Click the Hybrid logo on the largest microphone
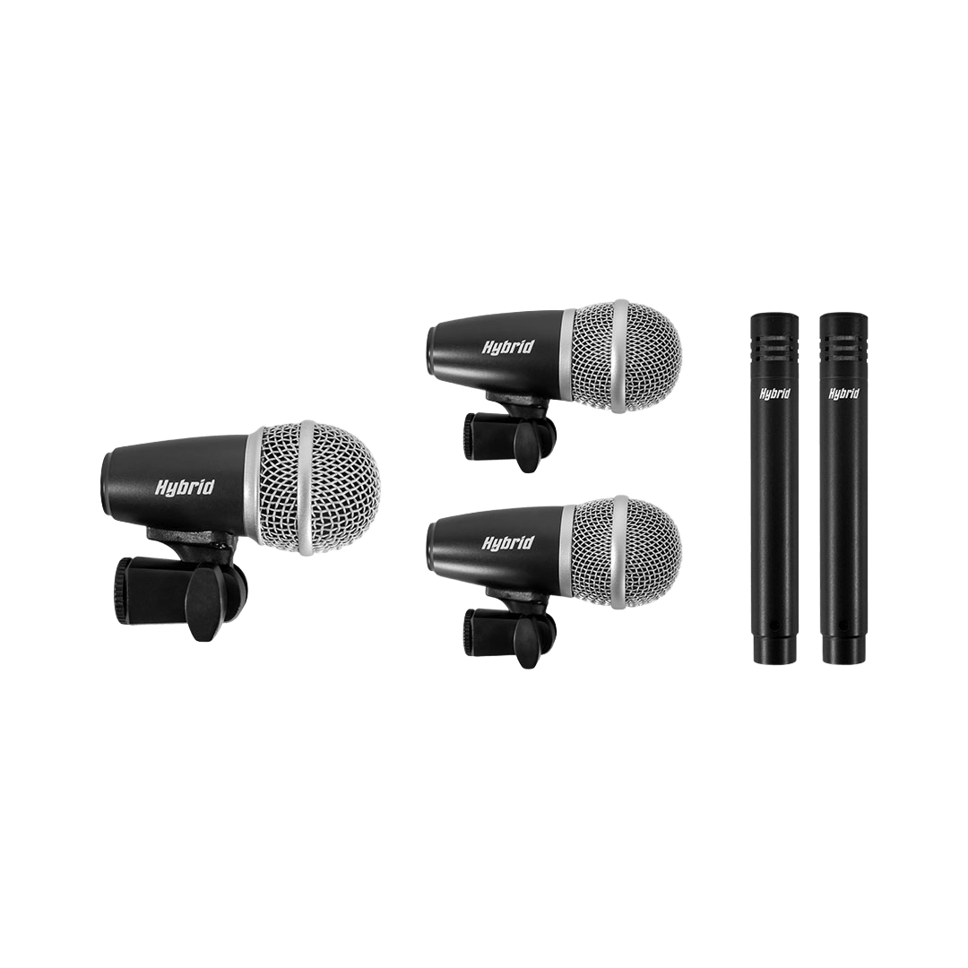click(184, 488)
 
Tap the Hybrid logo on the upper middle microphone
click(507, 347)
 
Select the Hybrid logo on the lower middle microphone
click(507, 542)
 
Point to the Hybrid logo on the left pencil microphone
click(774, 393)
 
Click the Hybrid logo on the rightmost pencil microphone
click(844, 393)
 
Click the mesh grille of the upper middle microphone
click(626, 357)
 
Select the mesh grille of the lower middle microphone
click(626, 552)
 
